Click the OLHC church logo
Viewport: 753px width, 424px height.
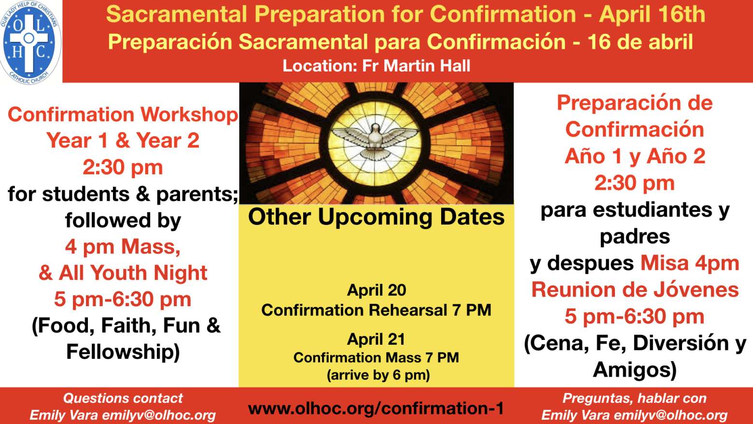click(x=30, y=42)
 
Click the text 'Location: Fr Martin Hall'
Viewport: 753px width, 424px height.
click(x=376, y=66)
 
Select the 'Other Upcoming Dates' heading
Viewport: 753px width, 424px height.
click(x=376, y=217)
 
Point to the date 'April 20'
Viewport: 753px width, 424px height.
click(x=376, y=290)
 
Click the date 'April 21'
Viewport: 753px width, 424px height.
click(x=376, y=339)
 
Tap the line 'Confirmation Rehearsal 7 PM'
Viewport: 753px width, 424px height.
click(x=376, y=310)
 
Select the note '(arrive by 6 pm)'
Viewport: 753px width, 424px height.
click(x=378, y=375)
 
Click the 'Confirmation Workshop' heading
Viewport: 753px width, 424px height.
click(x=123, y=115)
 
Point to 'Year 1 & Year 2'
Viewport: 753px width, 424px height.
click(x=123, y=140)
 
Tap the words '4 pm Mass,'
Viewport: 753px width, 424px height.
click(x=123, y=247)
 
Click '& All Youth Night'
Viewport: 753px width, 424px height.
click(x=123, y=273)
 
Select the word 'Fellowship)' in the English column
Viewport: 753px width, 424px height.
click(x=123, y=352)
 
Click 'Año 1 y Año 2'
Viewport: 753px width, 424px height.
click(x=635, y=156)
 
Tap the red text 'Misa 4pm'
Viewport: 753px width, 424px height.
click(x=690, y=263)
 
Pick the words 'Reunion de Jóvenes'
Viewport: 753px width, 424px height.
click(x=635, y=289)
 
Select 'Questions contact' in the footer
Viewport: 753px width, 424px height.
click(x=123, y=398)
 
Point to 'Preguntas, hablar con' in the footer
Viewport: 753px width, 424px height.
click(x=634, y=399)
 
